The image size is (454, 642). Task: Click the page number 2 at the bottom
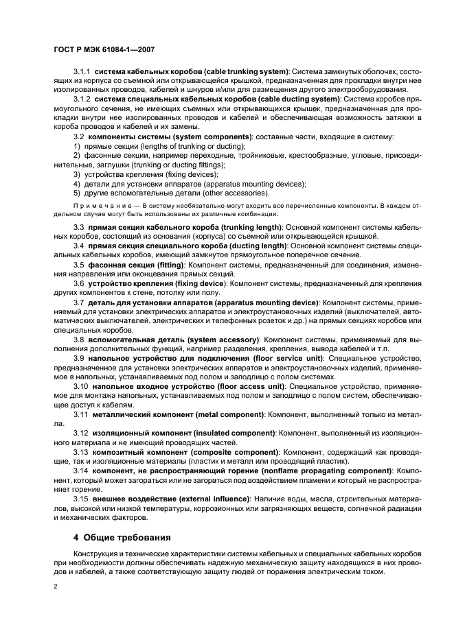(56, 586)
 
